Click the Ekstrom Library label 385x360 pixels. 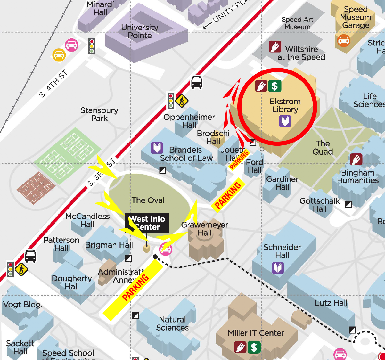pyautogui.click(x=285, y=105)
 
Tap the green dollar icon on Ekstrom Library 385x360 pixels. pyautogui.click(x=274, y=86)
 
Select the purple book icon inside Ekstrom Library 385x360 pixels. pyautogui.click(x=285, y=121)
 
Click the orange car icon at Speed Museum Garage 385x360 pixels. pyautogui.click(x=344, y=41)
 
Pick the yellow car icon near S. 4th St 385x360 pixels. pyautogui.click(x=59, y=55)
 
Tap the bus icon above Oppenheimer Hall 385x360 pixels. pyautogui.click(x=197, y=82)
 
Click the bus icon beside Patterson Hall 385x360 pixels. pyautogui.click(x=30, y=256)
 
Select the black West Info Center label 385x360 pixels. pyautogui.click(x=147, y=223)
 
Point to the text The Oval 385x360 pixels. pyautogui.click(x=148, y=200)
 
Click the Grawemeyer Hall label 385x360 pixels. pyautogui.click(x=205, y=229)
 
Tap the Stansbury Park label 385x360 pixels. pyautogui.click(x=99, y=114)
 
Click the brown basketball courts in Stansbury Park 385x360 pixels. pyautogui.click(x=36, y=188)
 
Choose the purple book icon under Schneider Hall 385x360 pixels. pyautogui.click(x=278, y=268)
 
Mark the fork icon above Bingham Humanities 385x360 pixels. pyautogui.click(x=356, y=159)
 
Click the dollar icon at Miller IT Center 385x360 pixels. pyautogui.click(x=254, y=347)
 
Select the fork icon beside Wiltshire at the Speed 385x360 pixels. pyautogui.click(x=275, y=47)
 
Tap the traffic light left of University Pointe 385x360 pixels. pyautogui.click(x=92, y=46)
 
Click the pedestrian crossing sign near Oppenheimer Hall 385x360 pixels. pyautogui.click(x=182, y=101)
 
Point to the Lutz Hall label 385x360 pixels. pyautogui.click(x=331, y=303)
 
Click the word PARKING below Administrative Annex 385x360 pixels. pyautogui.click(x=135, y=287)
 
